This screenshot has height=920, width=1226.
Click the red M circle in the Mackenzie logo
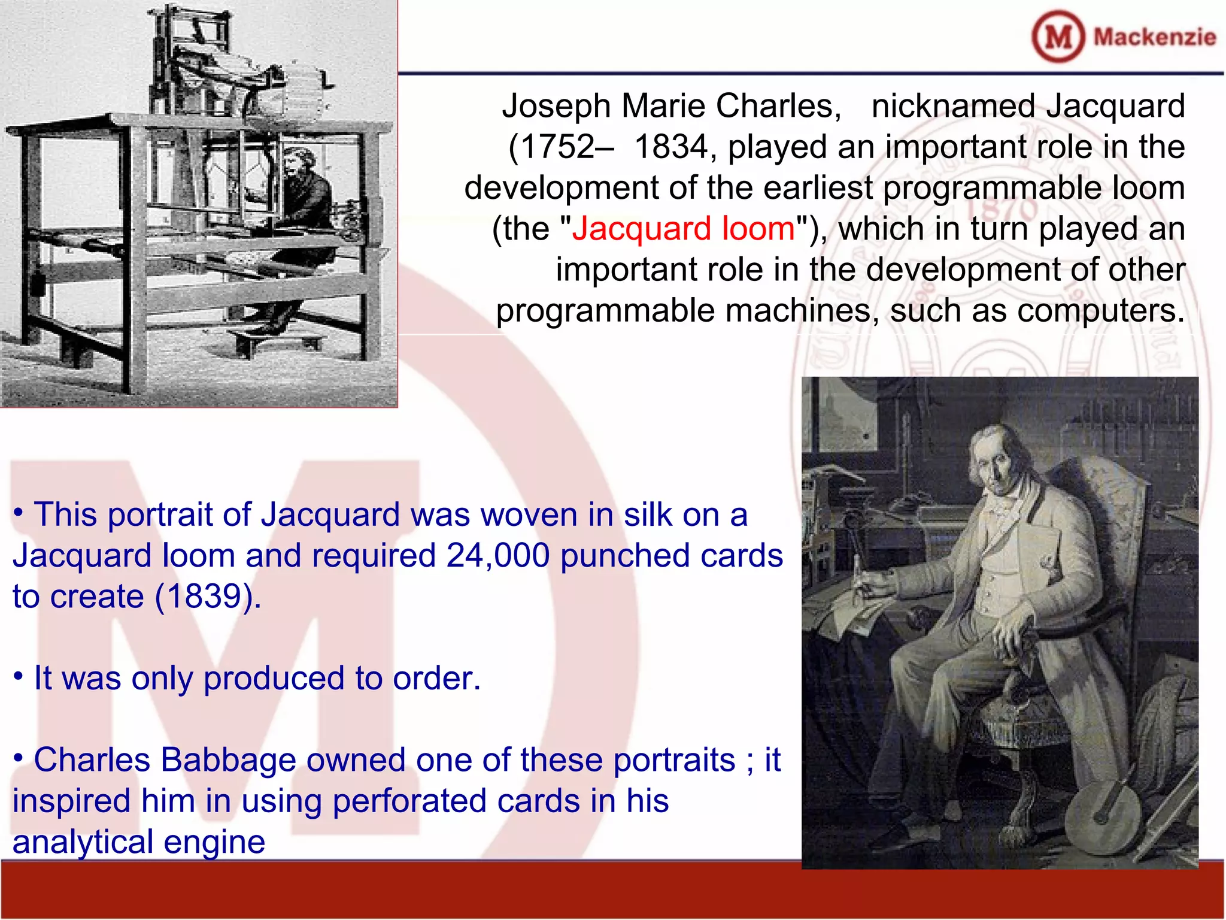click(x=1058, y=37)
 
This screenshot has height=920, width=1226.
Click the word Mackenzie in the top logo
click(x=1155, y=37)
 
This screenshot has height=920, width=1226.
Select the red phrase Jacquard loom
click(x=683, y=229)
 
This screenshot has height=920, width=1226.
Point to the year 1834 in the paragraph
click(x=670, y=147)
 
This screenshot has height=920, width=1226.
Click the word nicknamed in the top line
click(x=952, y=107)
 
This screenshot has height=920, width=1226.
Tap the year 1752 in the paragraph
click(x=559, y=147)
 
